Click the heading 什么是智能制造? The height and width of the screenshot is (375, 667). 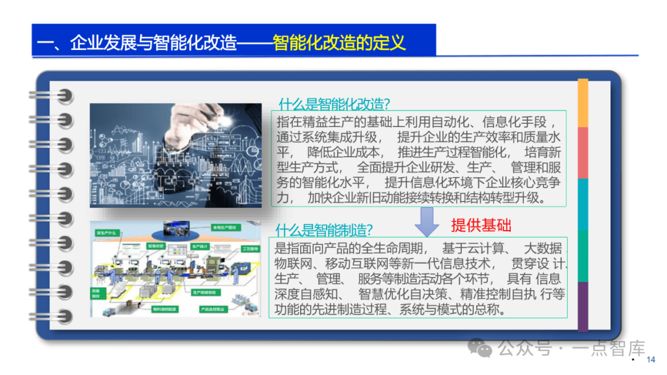(324, 230)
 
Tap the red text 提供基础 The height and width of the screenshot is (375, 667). (481, 225)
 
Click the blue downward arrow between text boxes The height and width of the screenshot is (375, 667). (427, 223)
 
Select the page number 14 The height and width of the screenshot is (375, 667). (650, 360)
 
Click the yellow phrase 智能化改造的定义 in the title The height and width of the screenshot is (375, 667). (339, 43)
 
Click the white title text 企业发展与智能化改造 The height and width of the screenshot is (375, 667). (154, 43)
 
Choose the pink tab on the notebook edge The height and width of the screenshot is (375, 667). (582, 153)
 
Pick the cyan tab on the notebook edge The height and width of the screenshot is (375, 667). (582, 204)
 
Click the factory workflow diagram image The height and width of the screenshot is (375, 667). (175, 269)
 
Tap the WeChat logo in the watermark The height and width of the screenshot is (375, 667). (480, 348)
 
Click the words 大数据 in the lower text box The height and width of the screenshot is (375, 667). (543, 249)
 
